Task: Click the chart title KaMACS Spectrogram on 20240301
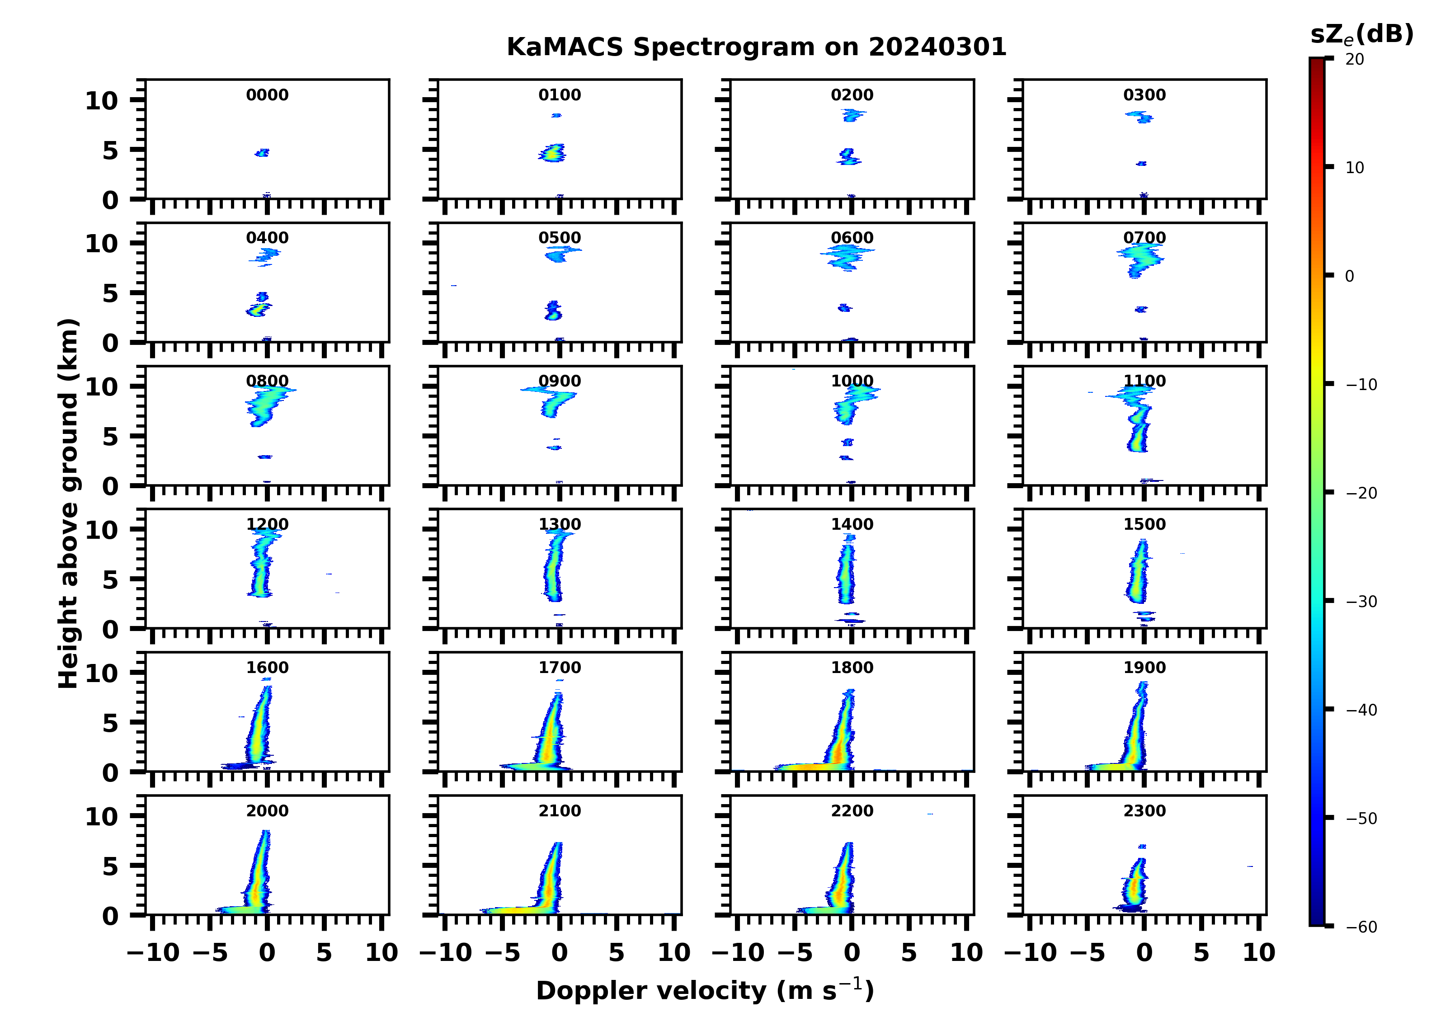pyautogui.click(x=756, y=47)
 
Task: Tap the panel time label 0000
pyautogui.click(x=267, y=95)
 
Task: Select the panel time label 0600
pyautogui.click(x=852, y=238)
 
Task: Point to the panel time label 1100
pyautogui.click(x=1144, y=381)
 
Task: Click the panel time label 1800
pyautogui.click(x=852, y=668)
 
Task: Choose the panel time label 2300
pyautogui.click(x=1144, y=810)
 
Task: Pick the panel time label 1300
pyautogui.click(x=559, y=524)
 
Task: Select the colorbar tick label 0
pyautogui.click(x=1349, y=276)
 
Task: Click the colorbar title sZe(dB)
pyautogui.click(x=1361, y=34)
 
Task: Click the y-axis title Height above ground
pyautogui.click(x=68, y=504)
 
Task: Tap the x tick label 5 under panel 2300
pyautogui.click(x=1201, y=952)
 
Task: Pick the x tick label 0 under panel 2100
pyautogui.click(x=559, y=952)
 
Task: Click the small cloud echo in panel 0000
pyautogui.click(x=262, y=153)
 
